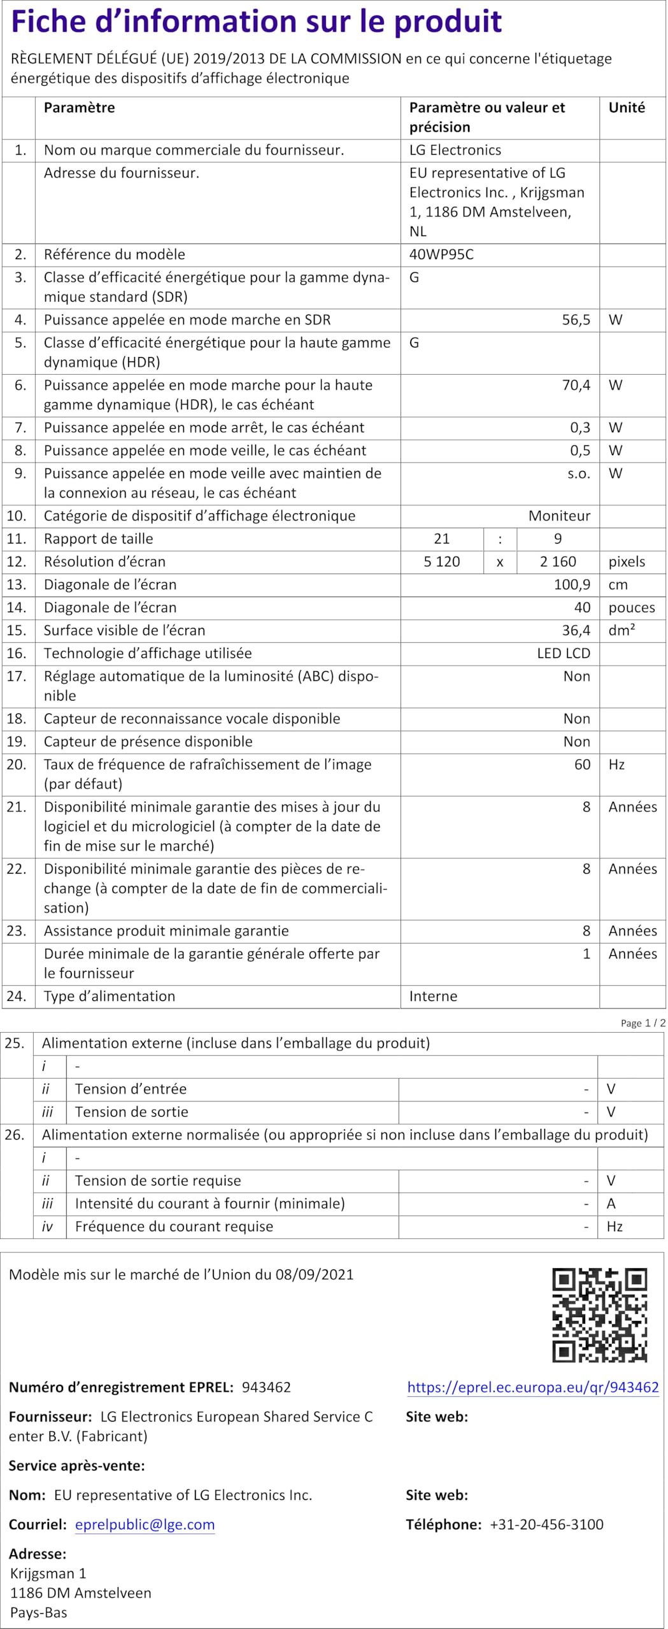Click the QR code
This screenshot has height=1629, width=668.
(599, 1315)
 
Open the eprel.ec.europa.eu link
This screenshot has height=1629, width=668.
(533, 1387)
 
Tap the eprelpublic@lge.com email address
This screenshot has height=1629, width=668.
(145, 1524)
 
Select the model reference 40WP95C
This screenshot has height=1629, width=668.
(441, 255)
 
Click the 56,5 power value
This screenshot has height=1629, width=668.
(576, 320)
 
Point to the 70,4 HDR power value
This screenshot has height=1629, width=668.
(576, 385)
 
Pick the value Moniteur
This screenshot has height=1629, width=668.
(559, 516)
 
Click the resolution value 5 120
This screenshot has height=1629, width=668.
(441, 562)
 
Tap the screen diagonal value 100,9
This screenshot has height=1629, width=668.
(572, 585)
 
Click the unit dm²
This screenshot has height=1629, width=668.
(622, 631)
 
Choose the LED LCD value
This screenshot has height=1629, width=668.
(564, 654)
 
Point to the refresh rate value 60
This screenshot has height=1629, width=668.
(582, 765)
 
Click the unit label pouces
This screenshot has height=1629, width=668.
(631, 608)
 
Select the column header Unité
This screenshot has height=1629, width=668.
(627, 108)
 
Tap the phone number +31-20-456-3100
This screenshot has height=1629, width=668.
(546, 1524)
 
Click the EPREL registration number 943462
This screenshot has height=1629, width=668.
(266, 1387)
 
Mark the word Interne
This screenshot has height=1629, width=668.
(433, 996)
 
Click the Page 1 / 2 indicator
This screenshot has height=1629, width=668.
(643, 1023)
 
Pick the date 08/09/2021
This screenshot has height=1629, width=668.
(315, 1275)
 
